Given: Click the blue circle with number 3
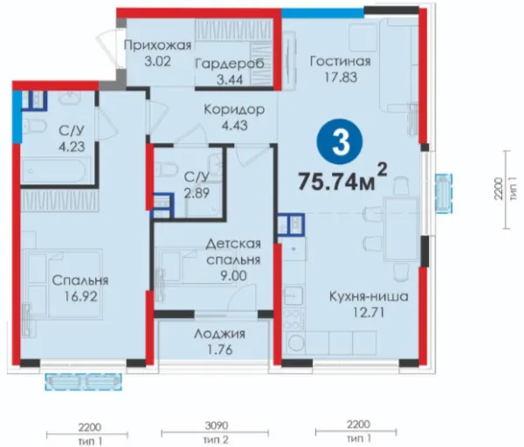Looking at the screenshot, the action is (x=341, y=142).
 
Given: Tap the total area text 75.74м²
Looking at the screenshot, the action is (x=342, y=178).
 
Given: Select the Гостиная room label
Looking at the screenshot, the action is (x=341, y=61).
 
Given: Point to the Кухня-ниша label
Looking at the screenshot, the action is (x=369, y=296).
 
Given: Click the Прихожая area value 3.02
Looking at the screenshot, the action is (x=158, y=61).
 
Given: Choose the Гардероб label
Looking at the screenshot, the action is (x=230, y=64).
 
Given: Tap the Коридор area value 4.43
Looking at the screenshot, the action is (x=235, y=125).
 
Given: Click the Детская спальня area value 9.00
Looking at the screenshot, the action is (x=233, y=276).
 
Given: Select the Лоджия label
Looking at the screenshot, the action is (x=219, y=334).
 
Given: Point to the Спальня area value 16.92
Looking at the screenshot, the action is (x=81, y=296).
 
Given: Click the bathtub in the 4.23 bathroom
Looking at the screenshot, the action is (x=55, y=171).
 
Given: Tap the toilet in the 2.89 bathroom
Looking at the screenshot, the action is (x=165, y=168).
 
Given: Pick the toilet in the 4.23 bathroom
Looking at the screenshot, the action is (x=35, y=127).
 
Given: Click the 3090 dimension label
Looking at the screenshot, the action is (x=217, y=425).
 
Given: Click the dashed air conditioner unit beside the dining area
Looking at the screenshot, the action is (x=444, y=193).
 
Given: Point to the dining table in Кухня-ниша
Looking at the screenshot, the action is (x=401, y=229).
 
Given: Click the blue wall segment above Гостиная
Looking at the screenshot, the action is (x=322, y=13).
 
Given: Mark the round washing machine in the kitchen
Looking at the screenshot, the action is (x=295, y=343).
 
